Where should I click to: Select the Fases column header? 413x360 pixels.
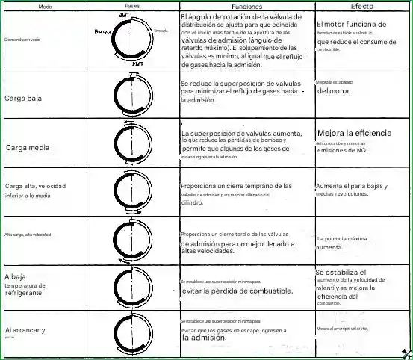pos(132,6)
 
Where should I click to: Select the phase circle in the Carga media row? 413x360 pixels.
pos(131,143)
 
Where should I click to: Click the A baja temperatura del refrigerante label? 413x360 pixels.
pos(27,285)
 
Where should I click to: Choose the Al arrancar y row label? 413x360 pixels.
pos(25,329)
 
